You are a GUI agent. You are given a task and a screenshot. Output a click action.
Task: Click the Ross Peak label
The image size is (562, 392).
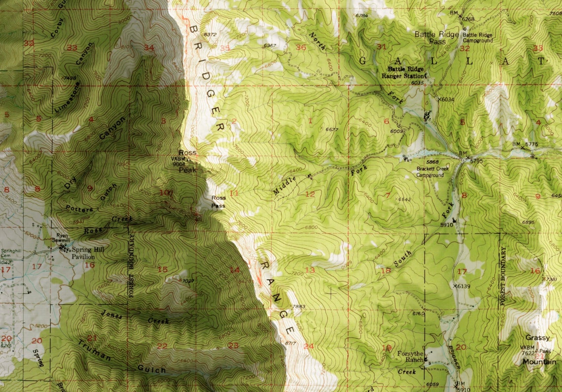pyautogui.click(x=187, y=161)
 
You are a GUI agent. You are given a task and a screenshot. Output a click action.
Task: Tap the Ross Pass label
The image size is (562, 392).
pyautogui.click(x=218, y=202)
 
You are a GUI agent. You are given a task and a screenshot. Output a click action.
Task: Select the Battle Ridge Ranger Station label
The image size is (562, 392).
pyautogui.click(x=406, y=73)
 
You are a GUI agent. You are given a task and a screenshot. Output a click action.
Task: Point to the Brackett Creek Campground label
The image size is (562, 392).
pyautogui.click(x=433, y=172)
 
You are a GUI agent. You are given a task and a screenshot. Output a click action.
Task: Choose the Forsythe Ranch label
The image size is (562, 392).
pyautogui.click(x=411, y=356)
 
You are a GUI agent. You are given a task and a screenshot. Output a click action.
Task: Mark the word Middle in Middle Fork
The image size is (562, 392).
pyautogui.click(x=284, y=185)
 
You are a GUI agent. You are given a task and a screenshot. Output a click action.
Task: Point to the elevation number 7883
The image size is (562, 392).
pyautogui.click(x=298, y=306)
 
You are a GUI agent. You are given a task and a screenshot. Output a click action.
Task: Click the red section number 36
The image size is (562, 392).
pyautogui.click(x=300, y=47)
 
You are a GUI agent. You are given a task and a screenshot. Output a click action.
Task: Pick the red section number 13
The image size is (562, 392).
pyautogui.click(x=310, y=270)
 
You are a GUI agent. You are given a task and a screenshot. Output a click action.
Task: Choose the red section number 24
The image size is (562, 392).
pyautogui.click(x=308, y=346)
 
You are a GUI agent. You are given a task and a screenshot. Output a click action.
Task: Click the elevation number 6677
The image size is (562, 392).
pyautogui.click(x=333, y=130)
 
